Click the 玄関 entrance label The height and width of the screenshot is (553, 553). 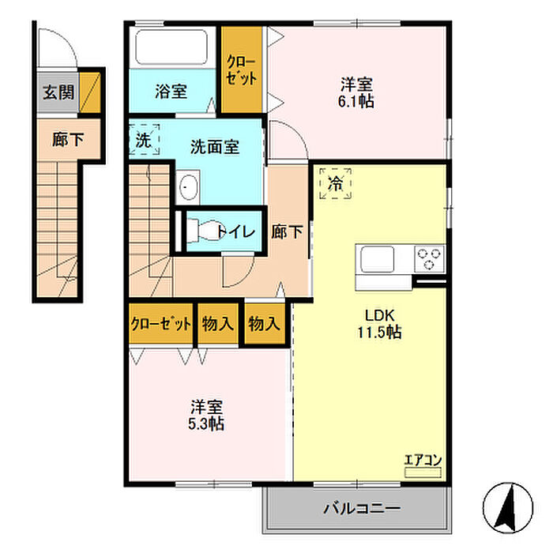(58, 92)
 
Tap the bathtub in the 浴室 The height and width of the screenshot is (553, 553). (171, 47)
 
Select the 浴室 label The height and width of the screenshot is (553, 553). (171, 92)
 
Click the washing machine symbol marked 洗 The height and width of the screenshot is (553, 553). (144, 140)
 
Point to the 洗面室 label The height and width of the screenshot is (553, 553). (215, 147)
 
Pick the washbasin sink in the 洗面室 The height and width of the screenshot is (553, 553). (188, 187)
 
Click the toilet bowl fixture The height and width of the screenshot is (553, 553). (204, 231)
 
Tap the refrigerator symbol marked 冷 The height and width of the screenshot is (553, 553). (336, 183)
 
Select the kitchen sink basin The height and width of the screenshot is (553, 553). (377, 259)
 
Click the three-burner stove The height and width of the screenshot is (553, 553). (429, 259)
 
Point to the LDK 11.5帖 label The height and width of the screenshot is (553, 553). (379, 324)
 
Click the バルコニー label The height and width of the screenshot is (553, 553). (362, 508)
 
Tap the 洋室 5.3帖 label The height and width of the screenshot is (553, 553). (206, 416)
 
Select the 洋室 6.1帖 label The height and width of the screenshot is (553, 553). (356, 92)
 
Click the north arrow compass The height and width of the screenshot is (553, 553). (508, 508)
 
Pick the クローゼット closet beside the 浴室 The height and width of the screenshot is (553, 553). (242, 70)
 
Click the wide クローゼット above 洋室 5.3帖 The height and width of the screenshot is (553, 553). (161, 323)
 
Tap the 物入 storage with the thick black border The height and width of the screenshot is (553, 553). (265, 323)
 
